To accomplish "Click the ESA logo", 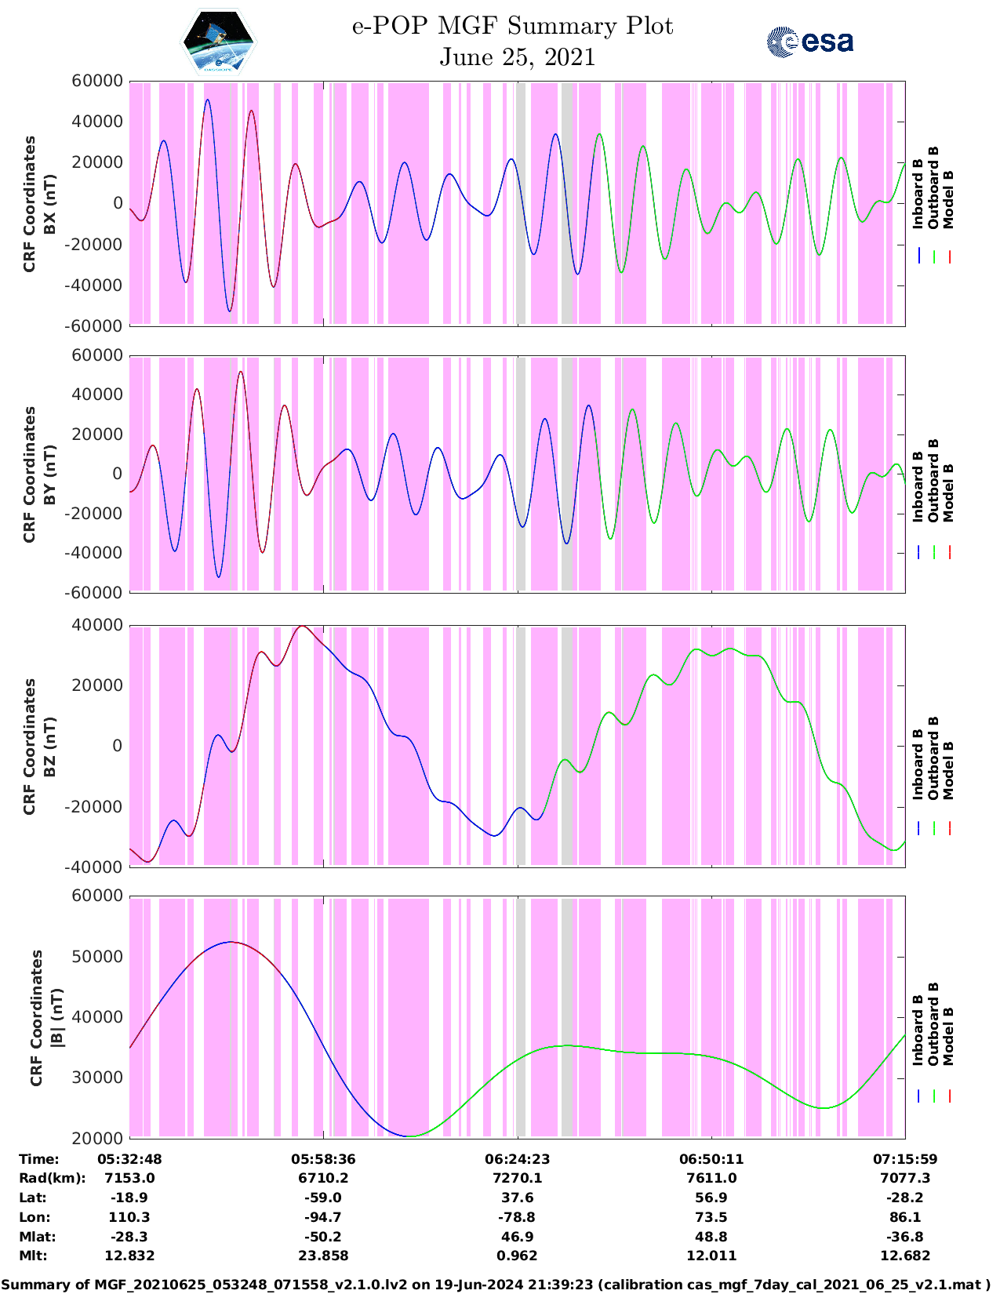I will click(810, 42).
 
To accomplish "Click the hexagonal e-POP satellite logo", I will click(219, 42).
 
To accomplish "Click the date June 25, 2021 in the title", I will click(517, 57).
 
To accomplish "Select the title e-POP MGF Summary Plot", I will click(512, 26).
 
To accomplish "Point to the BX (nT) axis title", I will click(50, 204).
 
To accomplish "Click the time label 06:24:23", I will click(517, 1159).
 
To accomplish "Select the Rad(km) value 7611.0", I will click(711, 1178).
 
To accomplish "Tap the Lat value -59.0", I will click(323, 1198).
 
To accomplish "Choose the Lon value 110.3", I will click(129, 1217).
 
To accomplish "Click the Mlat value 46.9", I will click(517, 1237).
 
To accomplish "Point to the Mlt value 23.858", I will click(323, 1256).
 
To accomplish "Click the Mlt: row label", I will click(33, 1256).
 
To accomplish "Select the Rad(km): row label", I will click(53, 1178).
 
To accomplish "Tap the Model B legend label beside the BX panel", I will click(948, 199).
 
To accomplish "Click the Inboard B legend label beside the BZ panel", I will click(918, 765).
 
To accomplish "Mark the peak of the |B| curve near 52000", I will click(231, 942).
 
